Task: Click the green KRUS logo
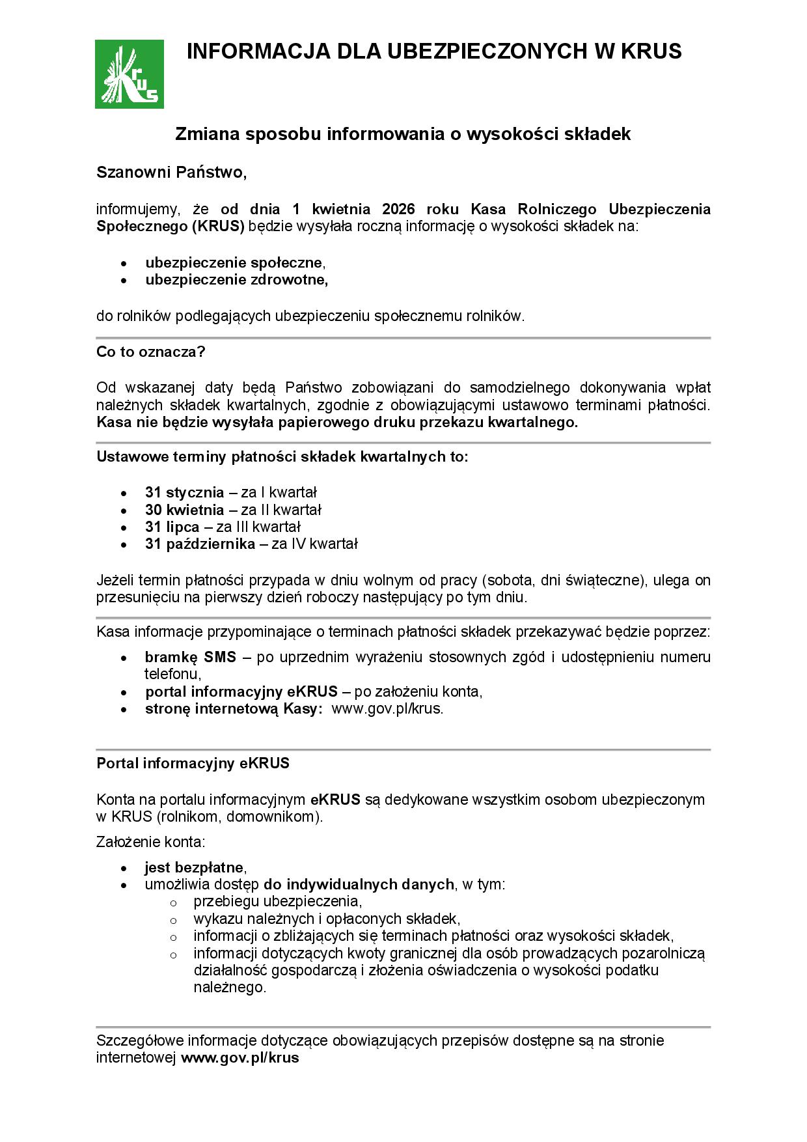(130, 74)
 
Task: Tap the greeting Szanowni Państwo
(171, 173)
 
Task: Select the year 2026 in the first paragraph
(399, 210)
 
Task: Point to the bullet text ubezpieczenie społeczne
(234, 263)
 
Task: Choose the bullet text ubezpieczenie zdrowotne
(236, 280)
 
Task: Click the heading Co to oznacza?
(151, 352)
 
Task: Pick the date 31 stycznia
(184, 492)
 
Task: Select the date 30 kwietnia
(185, 510)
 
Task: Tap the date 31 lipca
(172, 527)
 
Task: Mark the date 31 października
(200, 544)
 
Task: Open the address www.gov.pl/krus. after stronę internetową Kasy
(387, 709)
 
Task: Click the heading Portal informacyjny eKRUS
(193, 764)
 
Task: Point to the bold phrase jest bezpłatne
(194, 868)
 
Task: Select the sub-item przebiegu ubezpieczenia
(277, 902)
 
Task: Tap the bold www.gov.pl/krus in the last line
(239, 1058)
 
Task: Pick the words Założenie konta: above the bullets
(150, 842)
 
